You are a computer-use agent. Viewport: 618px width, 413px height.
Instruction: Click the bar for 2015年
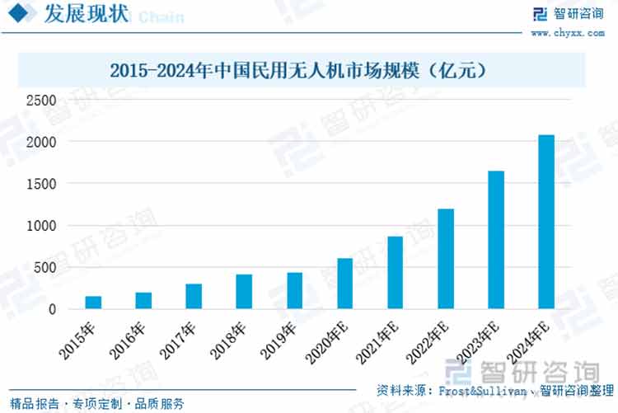click(93, 303)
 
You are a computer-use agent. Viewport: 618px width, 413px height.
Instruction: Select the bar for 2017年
click(194, 297)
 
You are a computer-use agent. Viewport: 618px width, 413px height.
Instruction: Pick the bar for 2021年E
click(395, 273)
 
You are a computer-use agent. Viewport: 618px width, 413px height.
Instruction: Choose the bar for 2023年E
click(495, 240)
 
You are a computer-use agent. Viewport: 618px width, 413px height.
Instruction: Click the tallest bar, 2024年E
click(545, 222)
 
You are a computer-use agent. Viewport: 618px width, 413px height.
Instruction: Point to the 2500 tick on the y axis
click(40, 101)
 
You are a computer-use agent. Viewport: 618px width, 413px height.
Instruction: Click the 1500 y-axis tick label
click(40, 184)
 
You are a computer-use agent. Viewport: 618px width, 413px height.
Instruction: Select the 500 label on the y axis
click(44, 268)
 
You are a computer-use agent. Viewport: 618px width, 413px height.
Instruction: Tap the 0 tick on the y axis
click(52, 310)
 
